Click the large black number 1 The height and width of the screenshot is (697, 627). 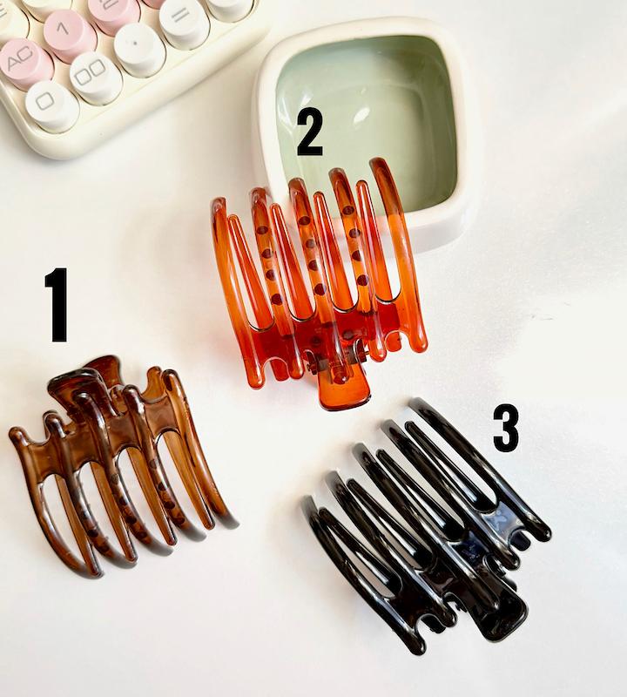click(x=57, y=304)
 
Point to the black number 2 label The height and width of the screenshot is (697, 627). click(x=310, y=132)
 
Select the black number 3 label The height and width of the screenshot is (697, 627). click(x=506, y=429)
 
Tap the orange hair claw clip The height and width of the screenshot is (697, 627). click(x=319, y=281)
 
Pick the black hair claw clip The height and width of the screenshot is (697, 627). click(x=426, y=524)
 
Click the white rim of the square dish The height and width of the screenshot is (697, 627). click(x=467, y=133)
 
